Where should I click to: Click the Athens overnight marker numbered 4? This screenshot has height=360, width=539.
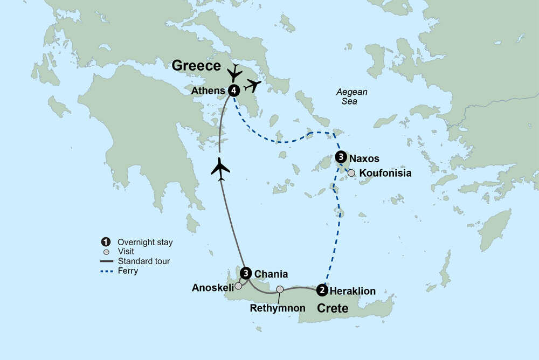click(233, 91)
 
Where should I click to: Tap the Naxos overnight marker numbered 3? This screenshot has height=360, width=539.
click(340, 157)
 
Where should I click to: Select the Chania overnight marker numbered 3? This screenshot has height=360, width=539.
click(246, 273)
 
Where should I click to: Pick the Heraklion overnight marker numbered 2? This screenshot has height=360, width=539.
click(322, 290)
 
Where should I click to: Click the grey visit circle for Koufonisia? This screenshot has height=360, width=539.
click(351, 173)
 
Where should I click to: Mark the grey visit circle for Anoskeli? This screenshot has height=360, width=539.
click(238, 286)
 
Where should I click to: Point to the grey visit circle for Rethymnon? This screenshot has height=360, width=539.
click(280, 289)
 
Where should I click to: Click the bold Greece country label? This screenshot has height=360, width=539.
click(196, 66)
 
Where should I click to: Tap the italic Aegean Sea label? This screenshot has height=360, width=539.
click(347, 96)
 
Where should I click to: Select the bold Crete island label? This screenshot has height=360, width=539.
click(332, 308)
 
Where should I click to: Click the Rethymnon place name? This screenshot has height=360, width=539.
click(278, 308)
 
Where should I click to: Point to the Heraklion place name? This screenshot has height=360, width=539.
click(353, 291)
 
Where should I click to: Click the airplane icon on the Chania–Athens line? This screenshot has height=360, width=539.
click(220, 168)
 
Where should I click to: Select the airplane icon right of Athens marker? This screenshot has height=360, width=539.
click(252, 85)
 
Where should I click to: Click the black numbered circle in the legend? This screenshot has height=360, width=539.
click(106, 242)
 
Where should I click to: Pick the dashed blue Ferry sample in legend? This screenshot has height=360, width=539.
click(106, 271)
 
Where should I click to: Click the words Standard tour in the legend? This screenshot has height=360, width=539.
click(144, 261)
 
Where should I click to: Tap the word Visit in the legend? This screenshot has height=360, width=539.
click(126, 252)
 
